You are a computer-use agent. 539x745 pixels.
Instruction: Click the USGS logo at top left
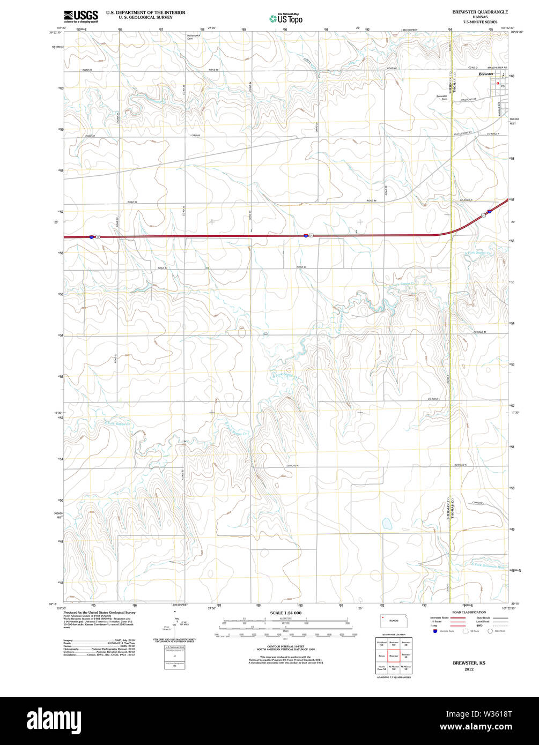coord(80,17)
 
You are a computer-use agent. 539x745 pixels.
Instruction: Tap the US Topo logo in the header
coord(286,18)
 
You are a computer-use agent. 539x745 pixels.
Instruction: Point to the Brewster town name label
coord(486,74)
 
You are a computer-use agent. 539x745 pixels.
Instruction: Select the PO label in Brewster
coord(503,86)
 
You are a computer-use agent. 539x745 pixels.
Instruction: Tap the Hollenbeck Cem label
coord(194,37)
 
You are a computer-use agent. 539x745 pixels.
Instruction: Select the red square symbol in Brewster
coord(498,84)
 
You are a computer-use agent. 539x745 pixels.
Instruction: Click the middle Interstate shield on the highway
coord(306,235)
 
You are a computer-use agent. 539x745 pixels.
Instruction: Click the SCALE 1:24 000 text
coord(285,613)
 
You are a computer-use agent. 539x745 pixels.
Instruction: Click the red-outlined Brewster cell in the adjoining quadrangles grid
coord(394,655)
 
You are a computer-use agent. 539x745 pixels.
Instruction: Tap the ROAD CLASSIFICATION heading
coord(469,612)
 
